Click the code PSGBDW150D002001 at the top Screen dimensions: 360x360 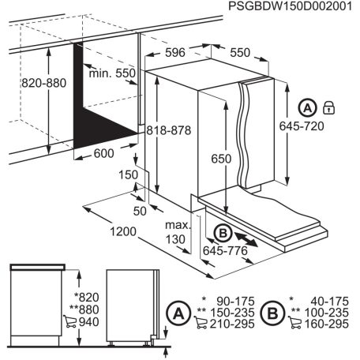pyautogui.click(x=288, y=7)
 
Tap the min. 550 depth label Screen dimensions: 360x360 pyautogui.click(x=114, y=73)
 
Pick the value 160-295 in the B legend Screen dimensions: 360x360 pyautogui.click(x=325, y=324)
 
